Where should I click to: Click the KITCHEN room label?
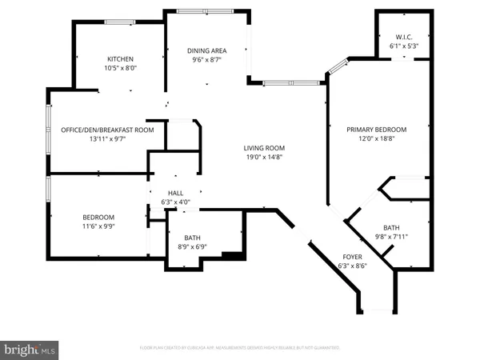coord(120,58)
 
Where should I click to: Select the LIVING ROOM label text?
coord(264,148)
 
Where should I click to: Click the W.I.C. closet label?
coord(402,36)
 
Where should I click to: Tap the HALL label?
coord(175,193)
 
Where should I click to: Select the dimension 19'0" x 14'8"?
coord(264,158)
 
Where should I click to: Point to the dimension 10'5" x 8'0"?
coord(120,68)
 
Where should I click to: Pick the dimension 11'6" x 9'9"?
coord(98,227)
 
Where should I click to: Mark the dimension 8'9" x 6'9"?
coord(192,247)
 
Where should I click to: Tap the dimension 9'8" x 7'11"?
coord(392,237)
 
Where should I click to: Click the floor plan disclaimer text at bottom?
coord(240,348)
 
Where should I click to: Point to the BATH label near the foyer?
coord(392,227)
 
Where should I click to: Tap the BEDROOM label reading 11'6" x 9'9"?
coord(98,218)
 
